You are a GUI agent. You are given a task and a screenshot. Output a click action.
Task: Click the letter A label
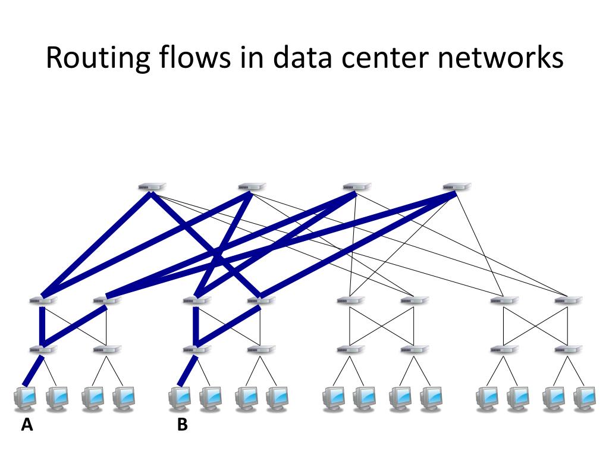click(26, 425)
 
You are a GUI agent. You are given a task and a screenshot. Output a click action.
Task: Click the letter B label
click(182, 425)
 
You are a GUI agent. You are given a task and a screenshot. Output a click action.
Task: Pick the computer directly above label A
click(25, 397)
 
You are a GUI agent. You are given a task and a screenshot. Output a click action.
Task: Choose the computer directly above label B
click(180, 397)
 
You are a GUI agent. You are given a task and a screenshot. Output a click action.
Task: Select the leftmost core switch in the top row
click(151, 187)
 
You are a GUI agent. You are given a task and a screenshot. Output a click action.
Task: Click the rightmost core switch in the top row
click(456, 187)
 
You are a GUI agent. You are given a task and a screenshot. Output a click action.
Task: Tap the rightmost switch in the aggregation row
click(567, 301)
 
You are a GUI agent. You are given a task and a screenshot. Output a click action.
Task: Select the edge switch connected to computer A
click(43, 349)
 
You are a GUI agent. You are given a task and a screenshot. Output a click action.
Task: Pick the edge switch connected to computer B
click(196, 349)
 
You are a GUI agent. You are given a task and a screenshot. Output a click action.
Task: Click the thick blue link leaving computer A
click(33, 370)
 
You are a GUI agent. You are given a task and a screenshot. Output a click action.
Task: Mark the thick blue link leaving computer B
click(188, 370)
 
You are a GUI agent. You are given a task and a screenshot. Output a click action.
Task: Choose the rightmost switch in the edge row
click(567, 349)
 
